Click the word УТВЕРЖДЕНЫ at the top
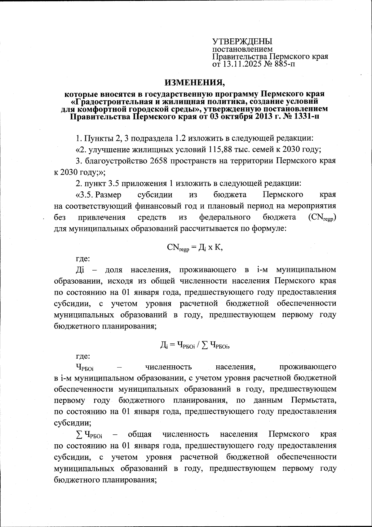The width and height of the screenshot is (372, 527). (x=242, y=41)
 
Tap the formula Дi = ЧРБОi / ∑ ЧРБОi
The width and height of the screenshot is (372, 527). (x=194, y=344)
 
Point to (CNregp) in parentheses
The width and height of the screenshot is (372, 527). (x=322, y=218)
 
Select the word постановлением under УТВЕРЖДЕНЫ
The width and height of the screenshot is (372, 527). (x=242, y=49)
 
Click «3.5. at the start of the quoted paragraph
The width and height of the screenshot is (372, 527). (x=87, y=195)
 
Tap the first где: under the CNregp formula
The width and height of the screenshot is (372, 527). (x=83, y=259)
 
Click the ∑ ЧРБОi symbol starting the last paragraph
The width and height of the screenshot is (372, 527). (x=89, y=435)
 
